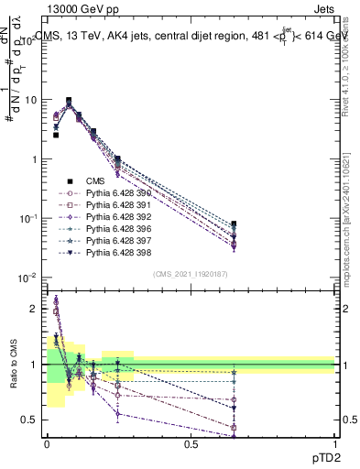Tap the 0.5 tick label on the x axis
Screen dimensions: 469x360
tap(191, 444)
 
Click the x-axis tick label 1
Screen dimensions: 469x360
tap(334, 444)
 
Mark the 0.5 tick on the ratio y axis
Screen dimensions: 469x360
tap(31, 420)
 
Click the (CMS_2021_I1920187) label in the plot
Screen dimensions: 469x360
tap(190, 273)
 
